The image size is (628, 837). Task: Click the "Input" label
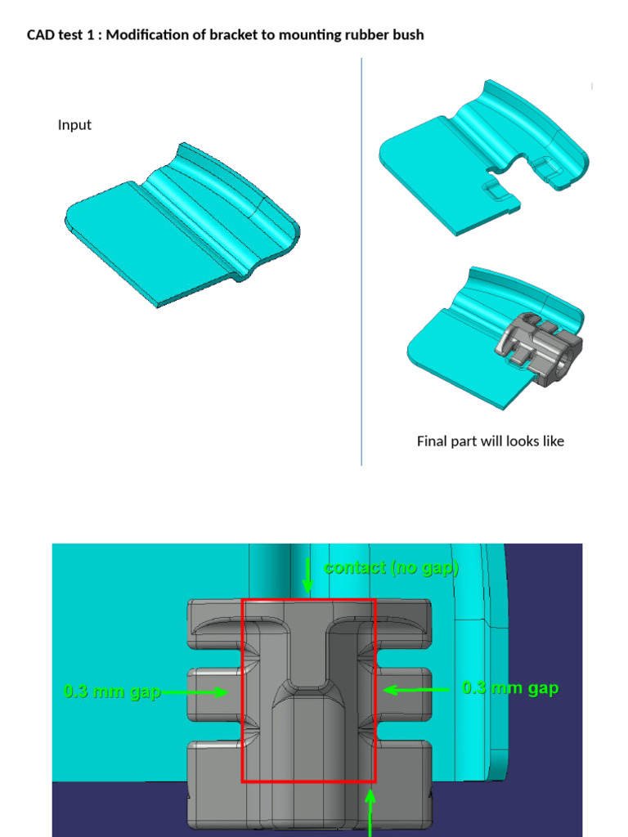[74, 125]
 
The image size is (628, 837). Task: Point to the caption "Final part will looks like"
[490, 441]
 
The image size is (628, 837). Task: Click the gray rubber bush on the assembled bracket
[540, 347]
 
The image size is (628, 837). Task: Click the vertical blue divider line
[361, 262]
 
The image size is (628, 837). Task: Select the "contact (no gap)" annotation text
[391, 568]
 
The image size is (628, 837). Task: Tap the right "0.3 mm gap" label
[510, 688]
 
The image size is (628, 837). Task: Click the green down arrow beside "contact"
[308, 576]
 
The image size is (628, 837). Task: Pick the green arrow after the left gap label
[196, 692]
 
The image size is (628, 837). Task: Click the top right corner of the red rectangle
[375, 600]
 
